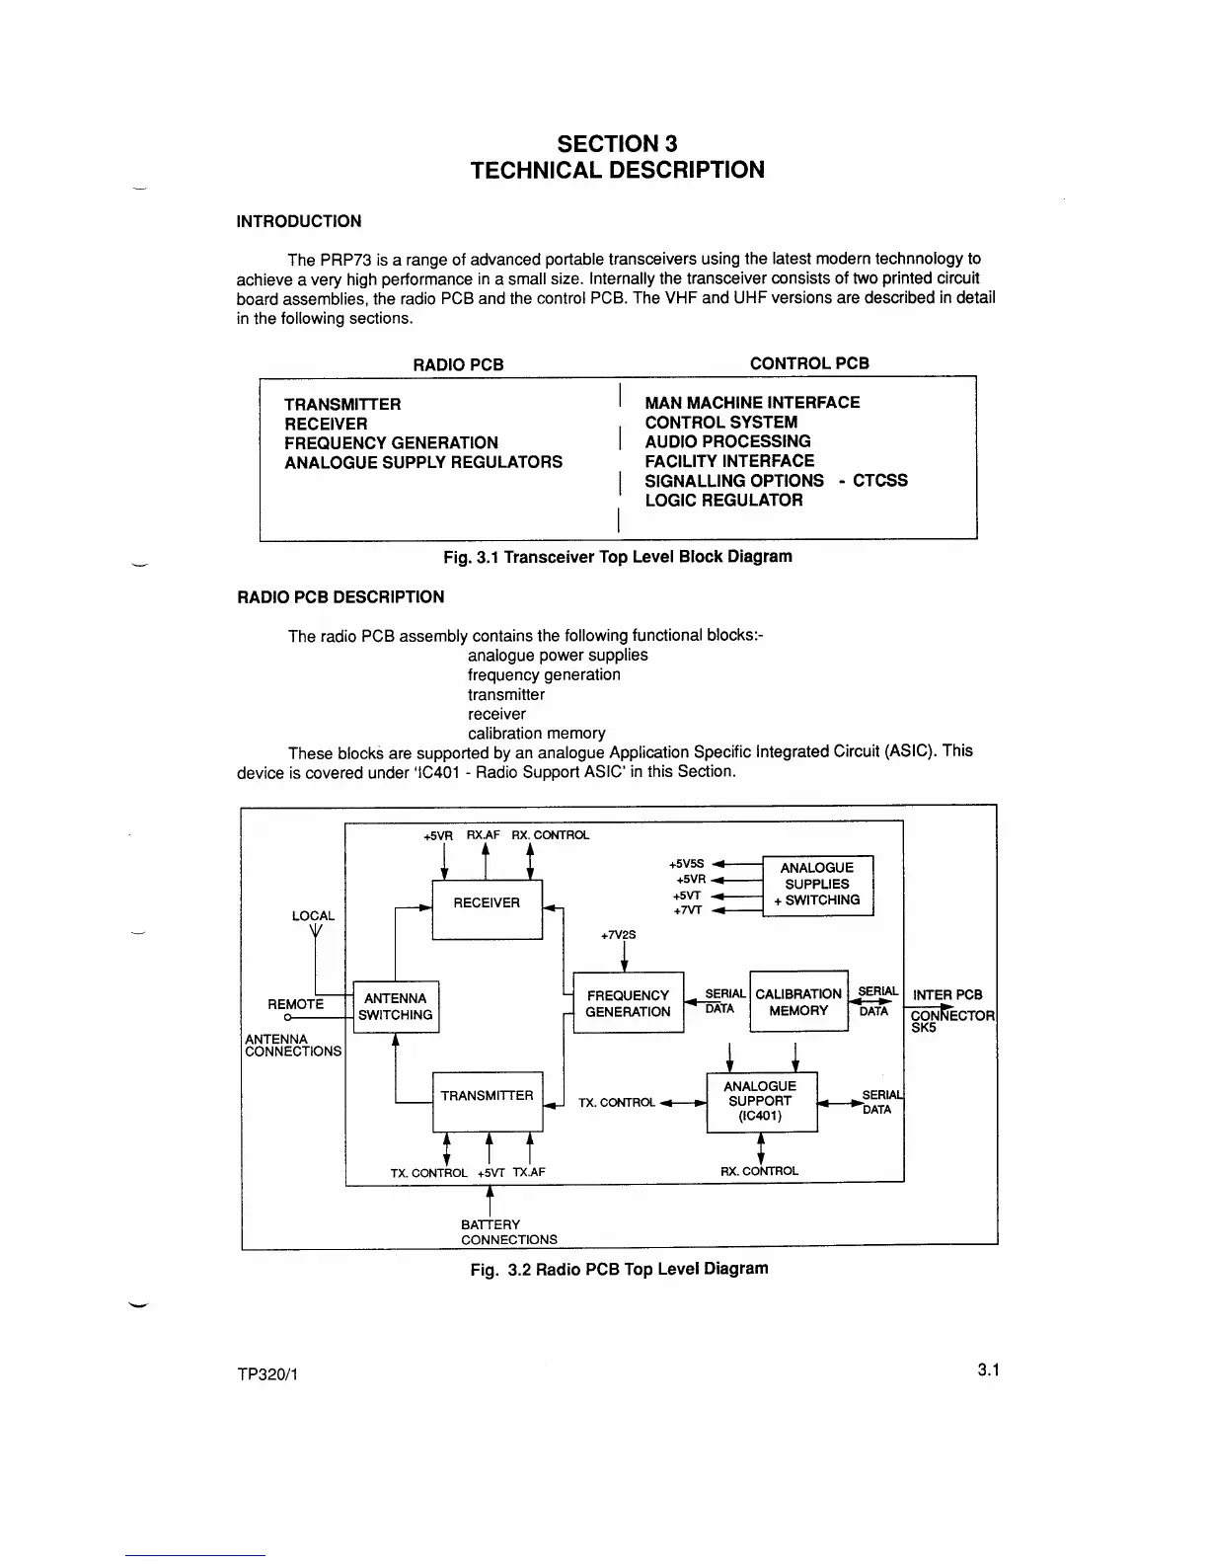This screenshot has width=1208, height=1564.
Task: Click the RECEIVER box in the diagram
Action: tap(487, 904)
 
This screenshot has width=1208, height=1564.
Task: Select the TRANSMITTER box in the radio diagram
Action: tap(488, 1098)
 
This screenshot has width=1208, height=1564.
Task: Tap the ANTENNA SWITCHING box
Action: tap(395, 1007)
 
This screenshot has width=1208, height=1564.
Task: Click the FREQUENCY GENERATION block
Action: tap(628, 1004)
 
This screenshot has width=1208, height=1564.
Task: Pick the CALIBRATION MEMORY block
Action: tap(798, 1002)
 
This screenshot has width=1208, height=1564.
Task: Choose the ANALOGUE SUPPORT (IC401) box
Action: tap(761, 1101)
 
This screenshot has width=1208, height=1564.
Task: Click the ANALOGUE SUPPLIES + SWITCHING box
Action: tap(817, 885)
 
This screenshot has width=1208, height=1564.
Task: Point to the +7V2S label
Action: tap(619, 934)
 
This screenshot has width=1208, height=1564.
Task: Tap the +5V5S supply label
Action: tap(688, 863)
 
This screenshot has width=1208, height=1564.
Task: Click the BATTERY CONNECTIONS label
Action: tap(508, 1232)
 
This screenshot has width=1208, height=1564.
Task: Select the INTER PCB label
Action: tap(947, 995)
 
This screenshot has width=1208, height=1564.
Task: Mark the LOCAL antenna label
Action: tap(313, 916)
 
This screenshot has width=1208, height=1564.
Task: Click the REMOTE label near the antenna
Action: tap(295, 1004)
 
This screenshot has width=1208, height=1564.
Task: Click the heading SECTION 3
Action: tap(617, 144)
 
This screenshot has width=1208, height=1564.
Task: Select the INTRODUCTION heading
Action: tap(299, 221)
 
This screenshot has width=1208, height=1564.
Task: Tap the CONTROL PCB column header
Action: tap(809, 363)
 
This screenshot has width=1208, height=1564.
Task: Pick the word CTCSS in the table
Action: tap(879, 481)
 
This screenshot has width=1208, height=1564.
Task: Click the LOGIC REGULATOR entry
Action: tap(723, 501)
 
